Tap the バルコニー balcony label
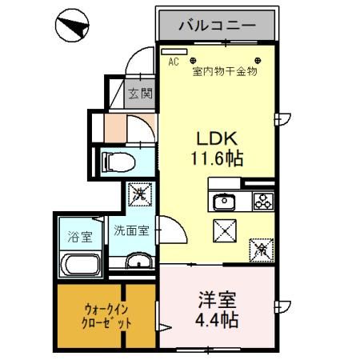[217, 25]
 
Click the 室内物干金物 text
[224, 71]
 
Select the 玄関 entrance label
[141, 93]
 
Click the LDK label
[216, 137]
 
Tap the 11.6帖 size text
[216, 158]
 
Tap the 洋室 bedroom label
[216, 304]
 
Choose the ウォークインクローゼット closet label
[90, 316]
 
